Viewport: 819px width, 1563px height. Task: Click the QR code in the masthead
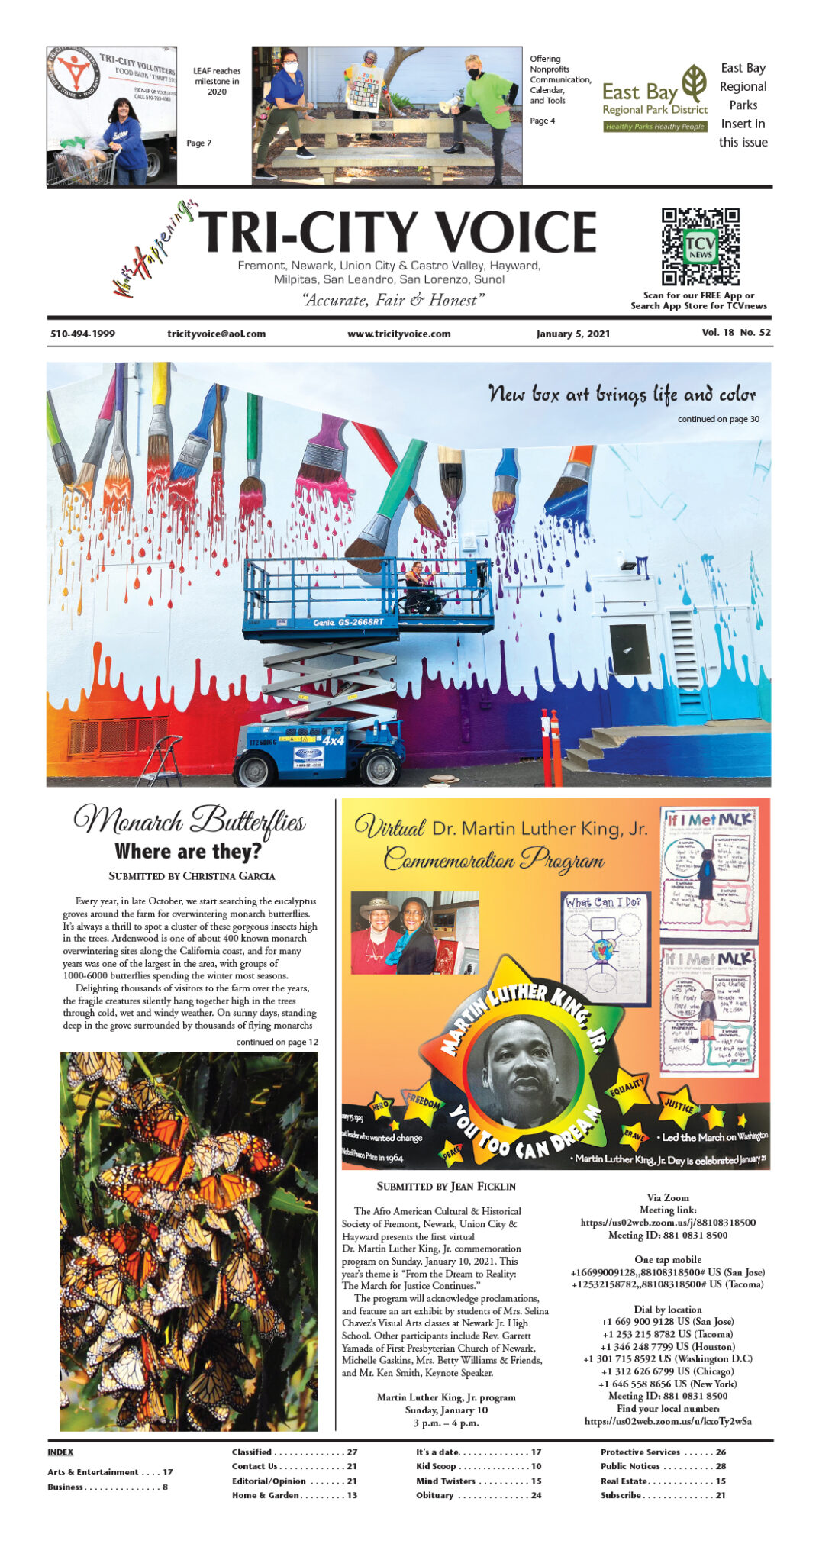click(x=700, y=247)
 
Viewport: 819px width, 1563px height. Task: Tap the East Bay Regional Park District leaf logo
click(x=694, y=83)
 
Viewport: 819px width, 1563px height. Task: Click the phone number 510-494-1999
click(x=82, y=334)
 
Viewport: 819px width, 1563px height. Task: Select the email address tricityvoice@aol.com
click(x=217, y=334)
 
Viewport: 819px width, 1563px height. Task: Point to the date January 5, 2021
click(x=572, y=334)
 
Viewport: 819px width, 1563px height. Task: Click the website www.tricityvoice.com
click(x=398, y=334)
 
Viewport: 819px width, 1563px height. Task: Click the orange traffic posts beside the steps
click(x=551, y=746)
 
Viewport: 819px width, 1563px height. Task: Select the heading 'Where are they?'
click(x=188, y=851)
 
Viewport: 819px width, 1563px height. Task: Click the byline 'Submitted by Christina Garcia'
click(x=192, y=875)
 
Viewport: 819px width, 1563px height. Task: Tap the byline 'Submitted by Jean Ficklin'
click(x=446, y=1186)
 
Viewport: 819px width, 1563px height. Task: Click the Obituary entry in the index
click(x=479, y=1495)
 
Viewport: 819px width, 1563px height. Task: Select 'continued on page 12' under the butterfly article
click(x=277, y=1042)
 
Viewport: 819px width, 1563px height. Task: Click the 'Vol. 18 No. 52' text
click(x=736, y=333)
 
